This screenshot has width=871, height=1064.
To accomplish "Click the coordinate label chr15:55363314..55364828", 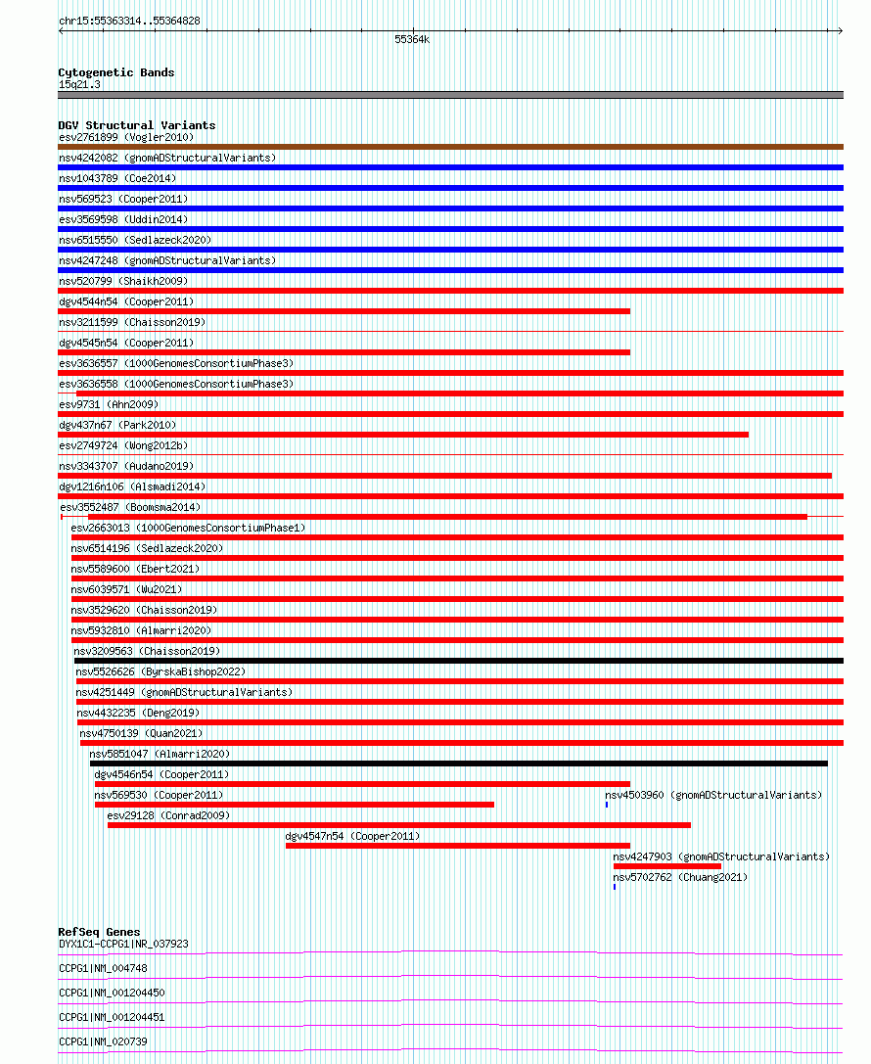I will (129, 21).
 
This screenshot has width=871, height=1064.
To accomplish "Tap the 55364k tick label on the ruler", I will (412, 40).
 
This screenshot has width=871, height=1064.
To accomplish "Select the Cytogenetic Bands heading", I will (115, 72).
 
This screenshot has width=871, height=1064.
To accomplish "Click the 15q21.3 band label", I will (79, 84).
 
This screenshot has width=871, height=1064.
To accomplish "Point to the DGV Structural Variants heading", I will (136, 125).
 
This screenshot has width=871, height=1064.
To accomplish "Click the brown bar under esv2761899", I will (450, 147).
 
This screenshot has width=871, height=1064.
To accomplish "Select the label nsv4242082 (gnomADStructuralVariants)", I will (167, 158).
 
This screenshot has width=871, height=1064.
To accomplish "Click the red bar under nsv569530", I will (294, 805).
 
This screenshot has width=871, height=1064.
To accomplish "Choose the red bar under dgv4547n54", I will (457, 846).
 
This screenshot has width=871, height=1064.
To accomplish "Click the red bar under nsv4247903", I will (666, 866).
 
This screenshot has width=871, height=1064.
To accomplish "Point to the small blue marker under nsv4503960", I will (607, 805).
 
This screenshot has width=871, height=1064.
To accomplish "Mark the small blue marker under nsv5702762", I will (615, 887).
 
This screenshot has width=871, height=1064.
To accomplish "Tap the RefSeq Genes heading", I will (99, 932).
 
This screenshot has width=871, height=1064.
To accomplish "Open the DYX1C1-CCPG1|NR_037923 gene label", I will (123, 944).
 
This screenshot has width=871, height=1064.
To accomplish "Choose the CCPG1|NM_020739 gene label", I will (103, 1041).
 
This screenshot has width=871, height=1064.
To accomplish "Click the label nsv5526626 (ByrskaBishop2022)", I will (160, 671).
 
